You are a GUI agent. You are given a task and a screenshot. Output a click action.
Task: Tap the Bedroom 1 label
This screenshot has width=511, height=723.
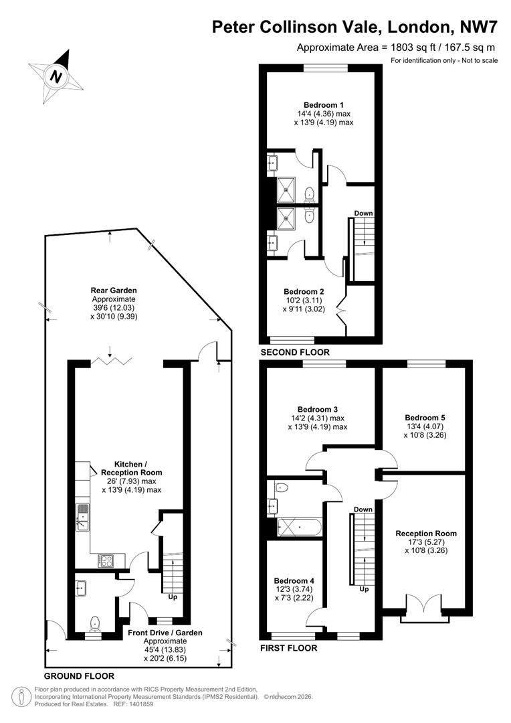tap(323, 104)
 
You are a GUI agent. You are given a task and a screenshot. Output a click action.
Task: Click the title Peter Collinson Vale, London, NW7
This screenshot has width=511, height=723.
tap(354, 27)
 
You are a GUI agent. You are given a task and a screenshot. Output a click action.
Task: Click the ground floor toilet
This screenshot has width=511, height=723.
tap(94, 623)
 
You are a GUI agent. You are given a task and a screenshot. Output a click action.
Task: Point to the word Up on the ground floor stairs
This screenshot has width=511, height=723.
tap(173, 597)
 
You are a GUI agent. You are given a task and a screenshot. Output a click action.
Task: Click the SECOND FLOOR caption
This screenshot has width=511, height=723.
tap(295, 352)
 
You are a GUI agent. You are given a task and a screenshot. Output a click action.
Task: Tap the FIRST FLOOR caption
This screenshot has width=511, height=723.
tap(288, 648)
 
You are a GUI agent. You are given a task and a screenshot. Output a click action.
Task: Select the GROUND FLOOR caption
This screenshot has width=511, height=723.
tap(79, 676)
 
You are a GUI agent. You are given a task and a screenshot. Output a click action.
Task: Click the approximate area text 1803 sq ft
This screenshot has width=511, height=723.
tap(397, 47)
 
